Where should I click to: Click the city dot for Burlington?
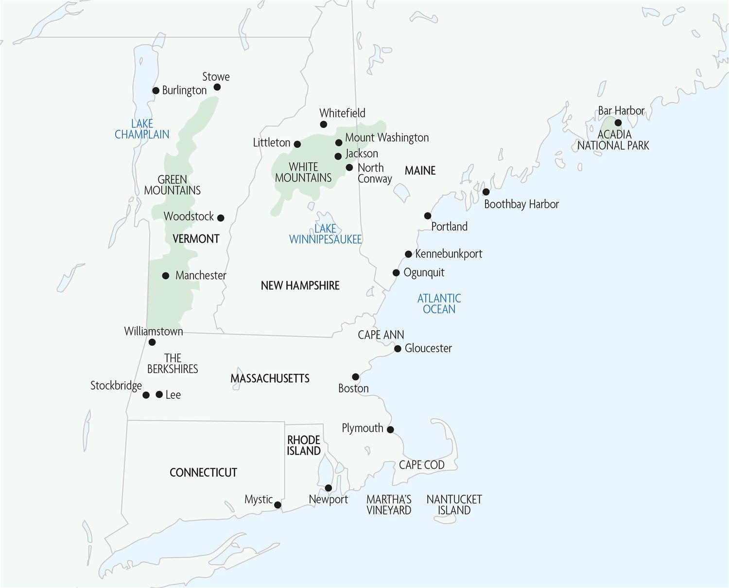pyautogui.click(x=156, y=90)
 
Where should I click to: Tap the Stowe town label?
pyautogui.click(x=216, y=77)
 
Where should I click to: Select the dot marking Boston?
pyautogui.click(x=356, y=377)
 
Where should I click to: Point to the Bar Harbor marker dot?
pyautogui.click(x=618, y=123)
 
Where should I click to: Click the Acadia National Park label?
pyautogui.click(x=613, y=140)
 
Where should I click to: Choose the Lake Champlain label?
pyautogui.click(x=142, y=129)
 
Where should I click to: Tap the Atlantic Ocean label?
pyautogui.click(x=439, y=303)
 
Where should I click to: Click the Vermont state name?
pyautogui.click(x=196, y=239)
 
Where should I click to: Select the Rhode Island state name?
pyautogui.click(x=304, y=445)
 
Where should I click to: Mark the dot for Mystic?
pyautogui.click(x=278, y=505)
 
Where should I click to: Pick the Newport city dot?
pyautogui.click(x=329, y=488)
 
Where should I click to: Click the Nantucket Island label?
pyautogui.click(x=454, y=505)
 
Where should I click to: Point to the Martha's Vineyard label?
pyautogui.click(x=389, y=505)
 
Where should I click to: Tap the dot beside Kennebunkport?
pyautogui.click(x=409, y=254)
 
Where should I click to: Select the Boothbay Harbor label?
pyautogui.click(x=521, y=204)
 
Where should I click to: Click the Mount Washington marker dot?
pyautogui.click(x=339, y=143)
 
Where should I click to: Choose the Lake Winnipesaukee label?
pyautogui.click(x=325, y=234)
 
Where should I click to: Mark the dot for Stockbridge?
pyautogui.click(x=146, y=395)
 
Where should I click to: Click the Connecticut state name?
pyautogui.click(x=203, y=472)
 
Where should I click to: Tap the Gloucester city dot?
pyautogui.click(x=398, y=349)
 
